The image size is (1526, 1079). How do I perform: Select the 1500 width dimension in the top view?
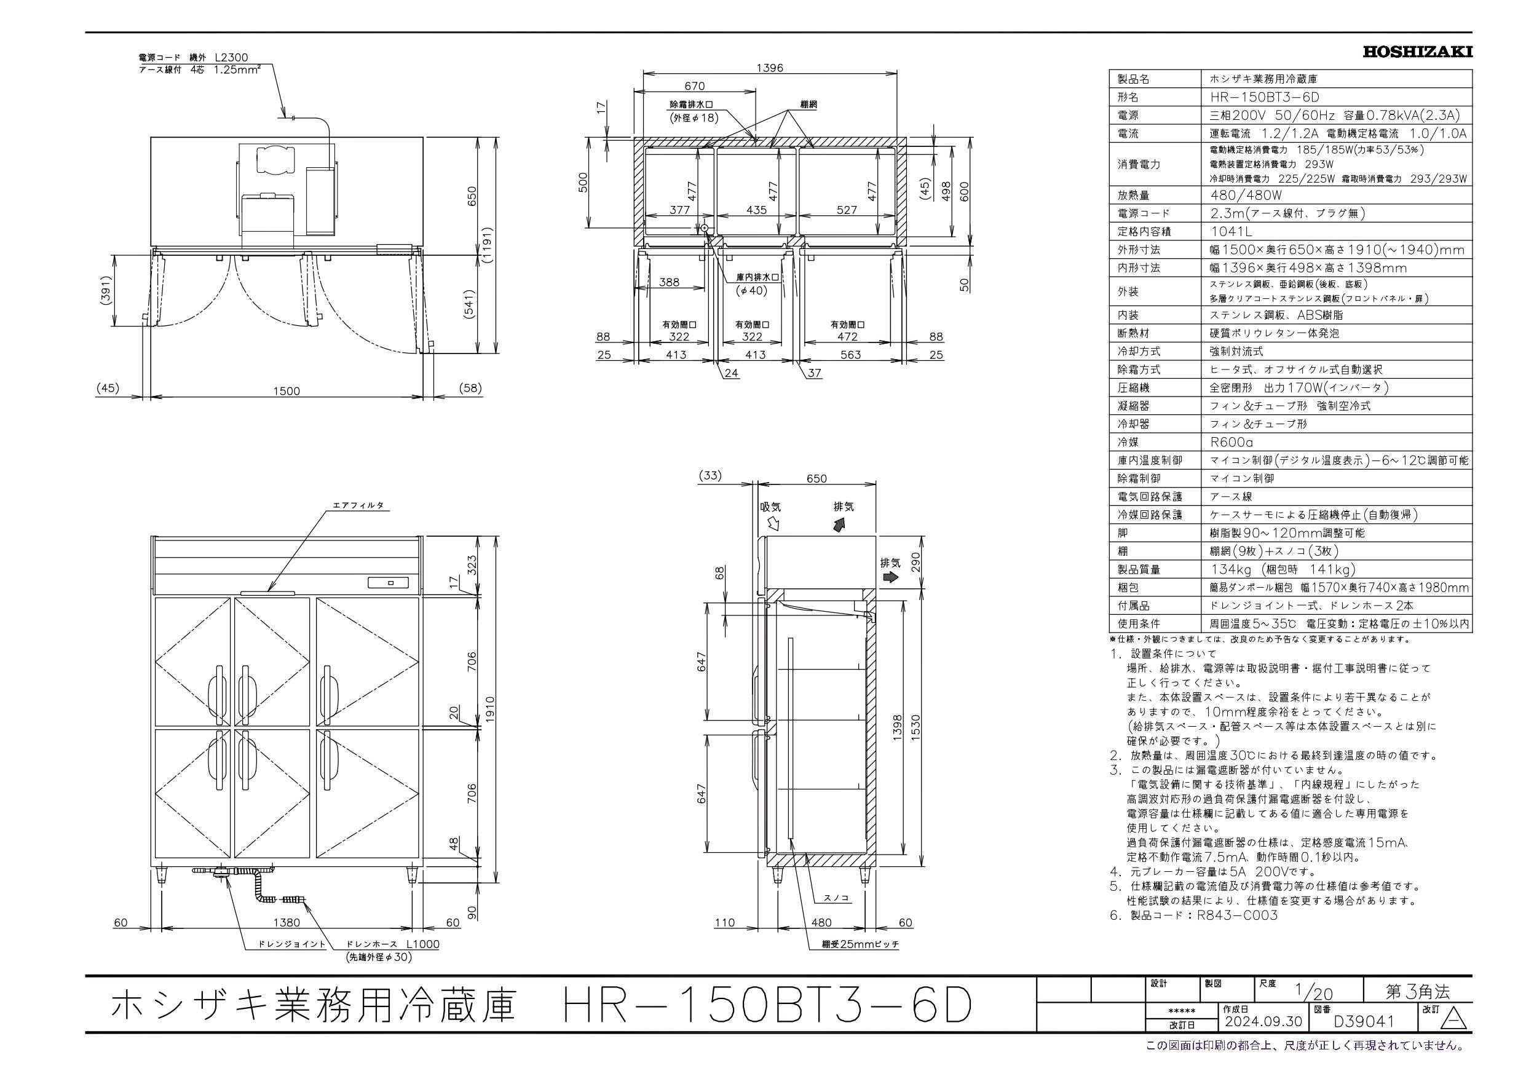click(x=287, y=391)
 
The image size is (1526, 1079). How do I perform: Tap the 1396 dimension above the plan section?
click(x=770, y=68)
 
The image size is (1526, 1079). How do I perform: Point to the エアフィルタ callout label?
click(x=358, y=505)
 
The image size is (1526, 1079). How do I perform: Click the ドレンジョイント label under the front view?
click(x=293, y=944)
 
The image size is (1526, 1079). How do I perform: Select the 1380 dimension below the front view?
click(x=287, y=923)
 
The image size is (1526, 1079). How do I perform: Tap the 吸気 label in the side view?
click(x=770, y=507)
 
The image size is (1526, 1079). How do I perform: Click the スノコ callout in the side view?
click(x=836, y=898)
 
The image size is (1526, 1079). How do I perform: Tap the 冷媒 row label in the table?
click(x=1128, y=442)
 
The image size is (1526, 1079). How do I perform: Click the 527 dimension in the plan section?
click(x=847, y=210)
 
